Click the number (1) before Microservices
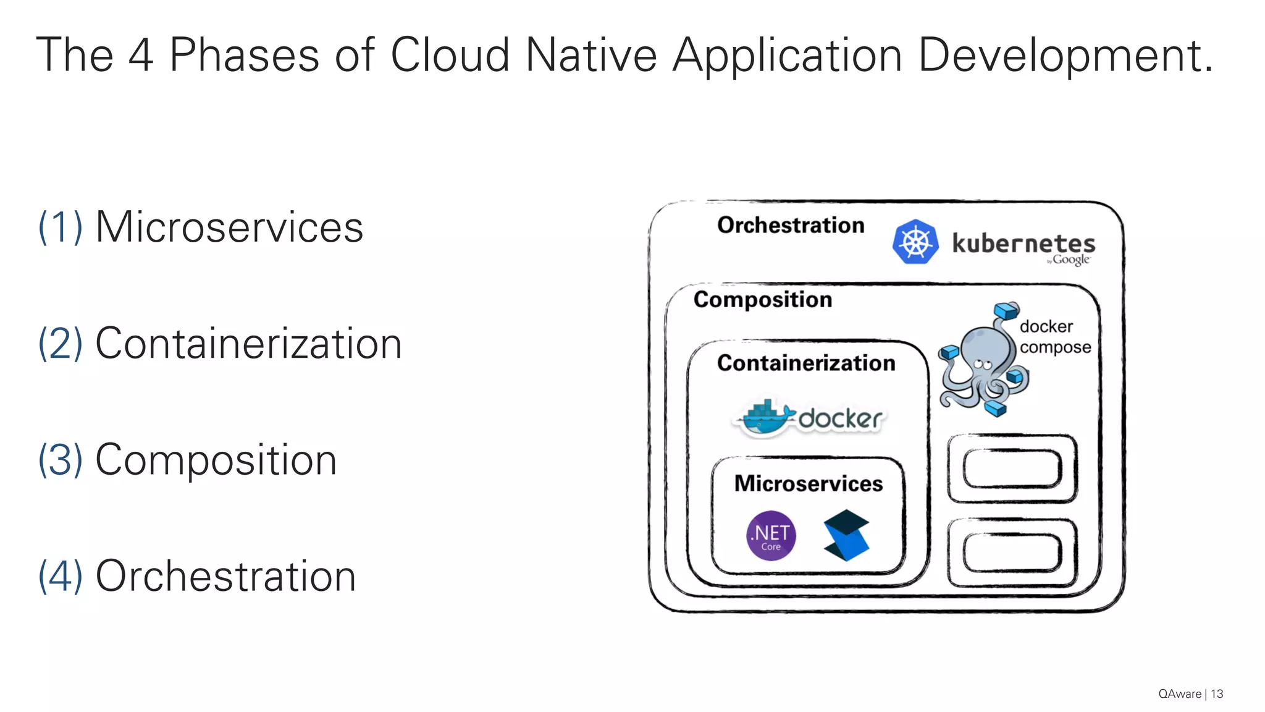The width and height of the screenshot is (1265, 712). pos(60,227)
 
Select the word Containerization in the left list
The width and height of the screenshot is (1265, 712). pos(248,344)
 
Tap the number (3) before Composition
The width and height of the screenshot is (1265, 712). pos(60,460)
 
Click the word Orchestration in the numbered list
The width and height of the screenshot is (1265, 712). pos(225,576)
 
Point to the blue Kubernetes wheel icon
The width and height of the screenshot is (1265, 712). pos(915,242)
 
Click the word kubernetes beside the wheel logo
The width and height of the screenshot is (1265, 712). pos(1023,243)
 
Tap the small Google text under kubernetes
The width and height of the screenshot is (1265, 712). pos(1070,260)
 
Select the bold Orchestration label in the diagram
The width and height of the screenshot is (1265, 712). pos(791,225)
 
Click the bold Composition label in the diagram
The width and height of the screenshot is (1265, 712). pos(763,300)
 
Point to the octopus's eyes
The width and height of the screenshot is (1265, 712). pos(982,364)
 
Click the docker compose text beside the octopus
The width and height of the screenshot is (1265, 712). pos(1054,337)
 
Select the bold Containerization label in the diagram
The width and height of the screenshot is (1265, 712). pos(806,363)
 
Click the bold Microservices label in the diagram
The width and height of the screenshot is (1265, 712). pos(808,483)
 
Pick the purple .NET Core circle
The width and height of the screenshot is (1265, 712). pos(771,536)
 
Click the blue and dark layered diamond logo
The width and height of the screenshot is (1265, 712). pos(846,535)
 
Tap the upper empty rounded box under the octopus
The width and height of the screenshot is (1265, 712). pos(1012,469)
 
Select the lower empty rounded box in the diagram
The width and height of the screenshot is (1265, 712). pos(1012,553)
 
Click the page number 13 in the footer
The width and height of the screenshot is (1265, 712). pos(1217,694)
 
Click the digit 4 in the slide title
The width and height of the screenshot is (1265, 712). pos(141,56)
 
